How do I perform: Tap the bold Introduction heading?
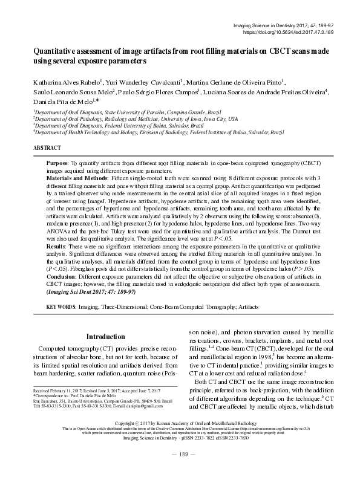point(105,336)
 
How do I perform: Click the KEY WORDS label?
point(62,308)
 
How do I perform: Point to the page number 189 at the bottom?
point(180,470)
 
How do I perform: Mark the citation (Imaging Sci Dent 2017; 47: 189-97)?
point(91,292)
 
